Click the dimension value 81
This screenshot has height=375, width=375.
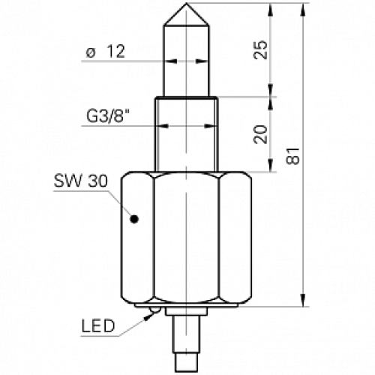pyautogui.click(x=294, y=155)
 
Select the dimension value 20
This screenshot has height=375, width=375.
pyautogui.click(x=260, y=134)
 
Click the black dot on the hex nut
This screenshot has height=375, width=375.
pyautogui.click(x=135, y=220)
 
